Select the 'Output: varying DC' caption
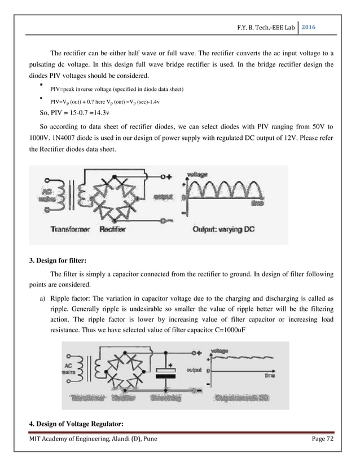coord(225,230)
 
